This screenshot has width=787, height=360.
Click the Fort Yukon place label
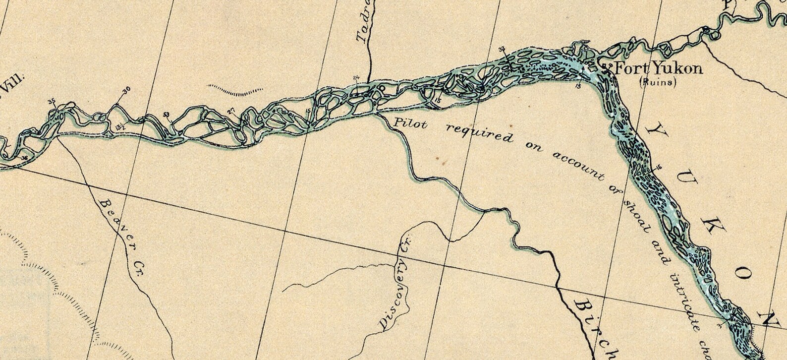point(658,68)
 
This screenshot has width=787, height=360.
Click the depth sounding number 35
point(52,101)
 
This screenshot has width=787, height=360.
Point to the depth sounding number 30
point(126,90)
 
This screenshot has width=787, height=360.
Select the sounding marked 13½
point(119,127)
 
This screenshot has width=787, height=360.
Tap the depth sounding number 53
point(167,115)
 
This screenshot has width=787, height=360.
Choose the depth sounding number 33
point(502,49)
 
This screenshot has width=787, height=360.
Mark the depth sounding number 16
point(659,167)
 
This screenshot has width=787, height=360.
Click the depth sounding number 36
point(25,157)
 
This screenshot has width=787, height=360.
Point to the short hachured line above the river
point(234,90)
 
